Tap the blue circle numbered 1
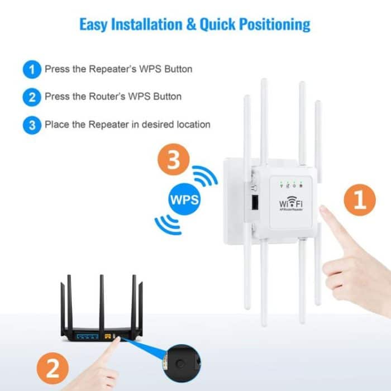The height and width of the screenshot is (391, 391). tap(32, 70)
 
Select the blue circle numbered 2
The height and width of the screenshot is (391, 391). tap(32, 97)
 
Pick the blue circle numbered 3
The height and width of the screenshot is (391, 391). tap(32, 125)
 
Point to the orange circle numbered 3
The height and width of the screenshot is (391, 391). tap(173, 162)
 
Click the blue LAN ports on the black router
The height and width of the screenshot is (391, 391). tap(85, 337)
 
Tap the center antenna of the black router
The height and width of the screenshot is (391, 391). tap(101, 302)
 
